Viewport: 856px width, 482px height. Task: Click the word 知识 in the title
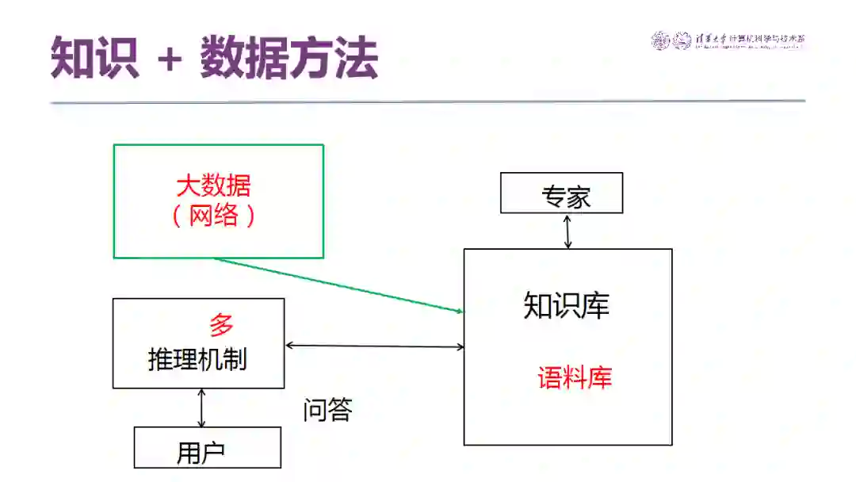click(x=94, y=58)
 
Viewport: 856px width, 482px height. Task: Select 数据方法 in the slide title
click(x=289, y=58)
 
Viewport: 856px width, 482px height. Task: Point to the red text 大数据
click(x=213, y=186)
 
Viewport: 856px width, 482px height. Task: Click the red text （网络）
click(x=213, y=215)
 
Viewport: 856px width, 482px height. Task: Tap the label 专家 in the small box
click(x=566, y=197)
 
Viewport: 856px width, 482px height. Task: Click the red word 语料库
click(x=575, y=377)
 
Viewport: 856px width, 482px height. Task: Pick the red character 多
click(x=221, y=325)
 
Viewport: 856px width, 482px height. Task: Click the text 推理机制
click(x=197, y=359)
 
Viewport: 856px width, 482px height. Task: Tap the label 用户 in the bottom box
click(x=201, y=453)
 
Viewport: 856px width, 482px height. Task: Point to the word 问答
click(x=327, y=410)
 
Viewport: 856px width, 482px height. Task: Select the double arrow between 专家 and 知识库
click(x=567, y=231)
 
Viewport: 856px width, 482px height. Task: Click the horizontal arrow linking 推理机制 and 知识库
click(x=374, y=346)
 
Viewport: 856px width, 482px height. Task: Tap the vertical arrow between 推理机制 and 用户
click(x=201, y=407)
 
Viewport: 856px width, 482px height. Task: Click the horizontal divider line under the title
click(x=428, y=101)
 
